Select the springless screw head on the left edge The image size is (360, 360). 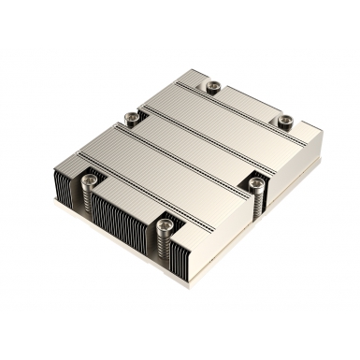point(131,117)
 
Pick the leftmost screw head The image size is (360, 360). point(91,172)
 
